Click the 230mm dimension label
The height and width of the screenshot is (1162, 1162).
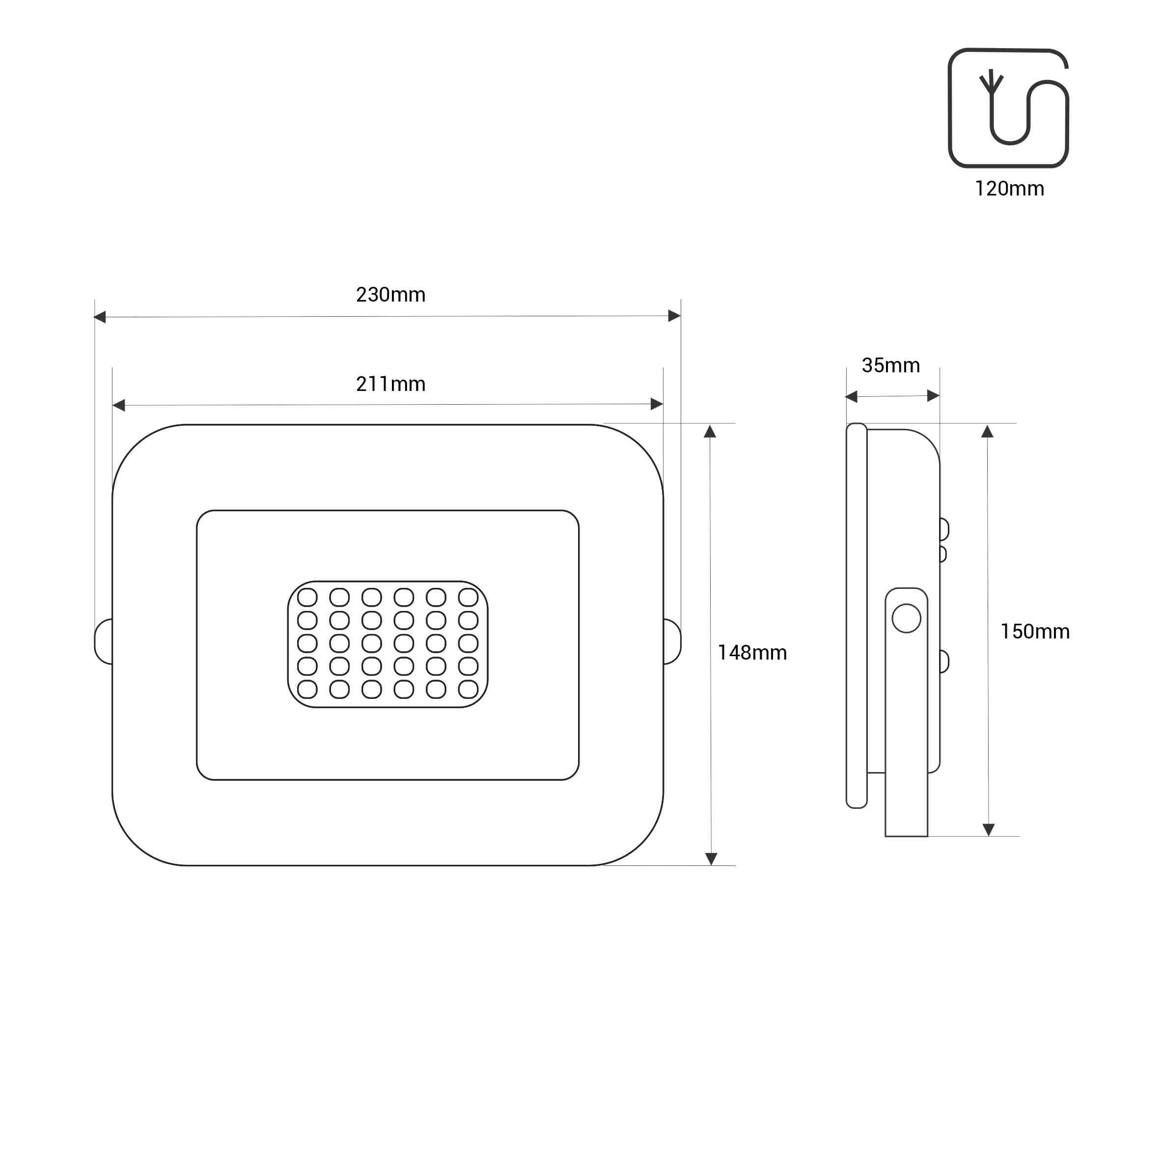pos(390,295)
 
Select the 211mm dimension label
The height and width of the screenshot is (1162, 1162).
pos(390,384)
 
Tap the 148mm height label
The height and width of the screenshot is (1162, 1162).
pos(752,653)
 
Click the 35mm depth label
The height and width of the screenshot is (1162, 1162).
pos(891,365)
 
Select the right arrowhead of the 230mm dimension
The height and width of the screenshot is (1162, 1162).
pos(674,316)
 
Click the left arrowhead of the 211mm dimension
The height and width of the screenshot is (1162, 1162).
pos(119,405)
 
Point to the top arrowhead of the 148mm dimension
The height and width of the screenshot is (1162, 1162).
pos(710,432)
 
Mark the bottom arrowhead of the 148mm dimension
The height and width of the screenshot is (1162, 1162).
pos(711,858)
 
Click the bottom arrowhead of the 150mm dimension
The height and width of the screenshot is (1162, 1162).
pos(988,830)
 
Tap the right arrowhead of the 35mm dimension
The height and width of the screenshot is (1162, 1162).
pos(933,395)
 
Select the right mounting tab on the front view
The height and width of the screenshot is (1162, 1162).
pos(672,641)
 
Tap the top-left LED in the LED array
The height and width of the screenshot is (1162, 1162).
pos(307,597)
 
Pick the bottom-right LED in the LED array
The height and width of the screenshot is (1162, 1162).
pos(468,689)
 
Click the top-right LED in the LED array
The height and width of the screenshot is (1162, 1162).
pos(468,597)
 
